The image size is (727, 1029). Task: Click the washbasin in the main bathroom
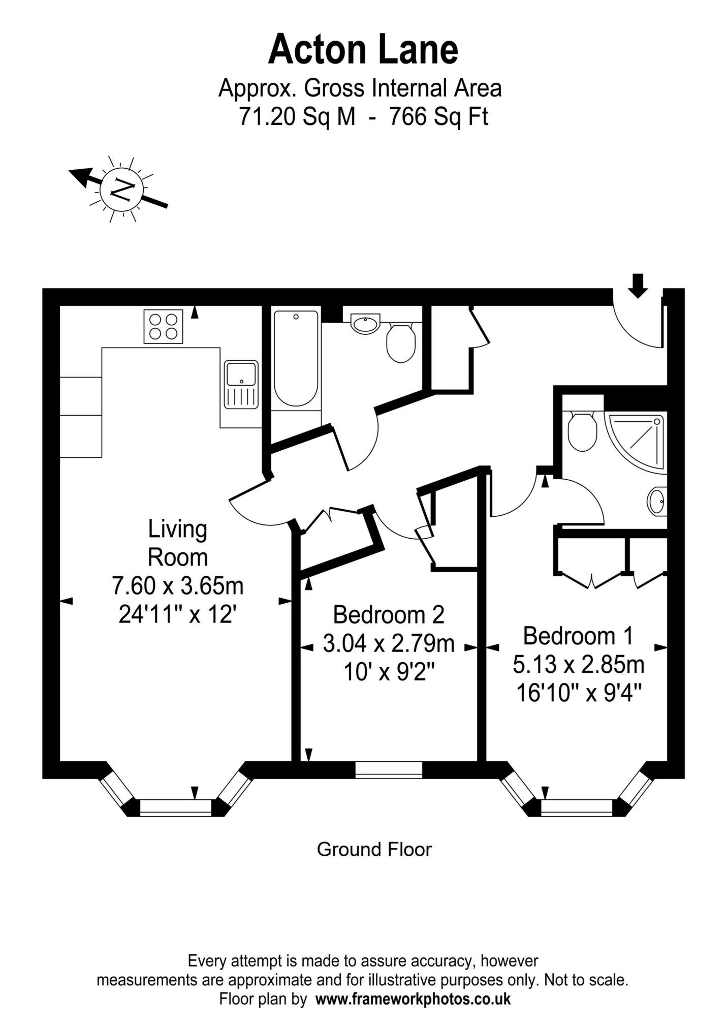point(365,324)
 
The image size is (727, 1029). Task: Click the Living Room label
point(178,543)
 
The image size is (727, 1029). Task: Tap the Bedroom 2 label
point(389,615)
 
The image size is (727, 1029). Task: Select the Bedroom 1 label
point(579,636)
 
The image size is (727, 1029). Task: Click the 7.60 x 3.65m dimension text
point(178,586)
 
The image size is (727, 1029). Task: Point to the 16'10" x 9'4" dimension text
point(579,693)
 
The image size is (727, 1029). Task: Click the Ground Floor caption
point(374,849)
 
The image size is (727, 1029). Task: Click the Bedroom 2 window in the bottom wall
point(389,770)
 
